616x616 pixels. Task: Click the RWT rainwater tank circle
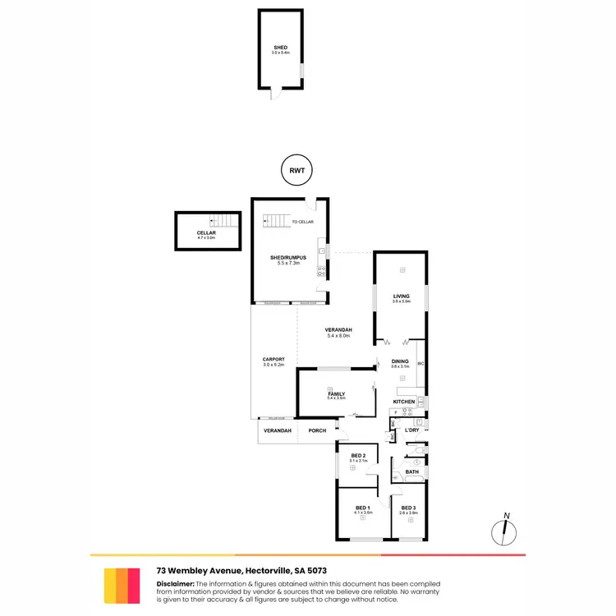coord(297,172)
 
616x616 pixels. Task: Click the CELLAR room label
coord(205,233)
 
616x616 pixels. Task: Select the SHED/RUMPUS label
coord(288,258)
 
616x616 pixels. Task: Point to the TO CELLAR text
coord(302,222)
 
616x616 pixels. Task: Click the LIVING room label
coord(401,296)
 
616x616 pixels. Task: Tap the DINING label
coord(400,361)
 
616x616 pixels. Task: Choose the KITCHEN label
coord(404,402)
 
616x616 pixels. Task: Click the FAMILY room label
coord(337,393)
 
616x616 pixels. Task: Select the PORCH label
coord(317,430)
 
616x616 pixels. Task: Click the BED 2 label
coord(357,456)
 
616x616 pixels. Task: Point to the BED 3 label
coord(408,508)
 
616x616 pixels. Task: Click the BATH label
coord(411,471)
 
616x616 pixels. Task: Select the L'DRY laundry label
coord(411,430)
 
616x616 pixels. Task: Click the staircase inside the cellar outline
coord(224,220)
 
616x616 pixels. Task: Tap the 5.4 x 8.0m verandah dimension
coord(339,337)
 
